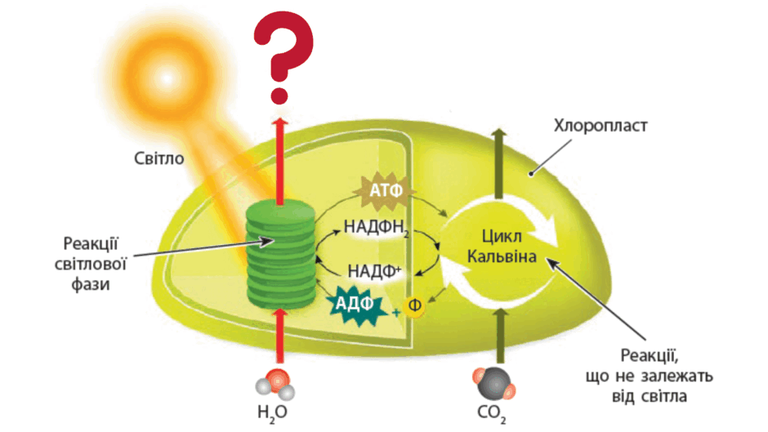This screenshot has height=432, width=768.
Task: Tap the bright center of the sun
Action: click(167, 78)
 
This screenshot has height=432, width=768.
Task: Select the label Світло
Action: click(159, 158)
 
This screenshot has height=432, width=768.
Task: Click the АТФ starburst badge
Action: click(386, 189)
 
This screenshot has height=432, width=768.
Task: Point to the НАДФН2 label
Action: click(376, 227)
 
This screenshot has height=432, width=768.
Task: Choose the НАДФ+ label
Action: click(375, 271)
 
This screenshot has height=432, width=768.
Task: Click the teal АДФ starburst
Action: click(355, 304)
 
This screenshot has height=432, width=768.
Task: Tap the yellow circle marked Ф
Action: click(414, 305)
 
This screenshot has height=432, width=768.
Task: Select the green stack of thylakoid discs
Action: click(281, 254)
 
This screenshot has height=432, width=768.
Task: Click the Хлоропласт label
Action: click(601, 126)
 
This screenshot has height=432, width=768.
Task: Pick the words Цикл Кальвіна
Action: click(502, 247)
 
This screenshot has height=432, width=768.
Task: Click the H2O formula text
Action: click(272, 412)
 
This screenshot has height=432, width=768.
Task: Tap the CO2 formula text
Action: click(491, 413)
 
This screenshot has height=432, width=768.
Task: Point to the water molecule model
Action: click(275, 385)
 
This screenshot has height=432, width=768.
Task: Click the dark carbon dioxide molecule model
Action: click(493, 384)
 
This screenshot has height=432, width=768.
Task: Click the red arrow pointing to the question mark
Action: click(280, 161)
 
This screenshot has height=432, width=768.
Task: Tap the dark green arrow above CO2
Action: click(500, 337)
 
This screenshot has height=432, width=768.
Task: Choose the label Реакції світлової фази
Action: click(91, 264)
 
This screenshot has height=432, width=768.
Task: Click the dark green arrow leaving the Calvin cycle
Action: click(499, 163)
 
